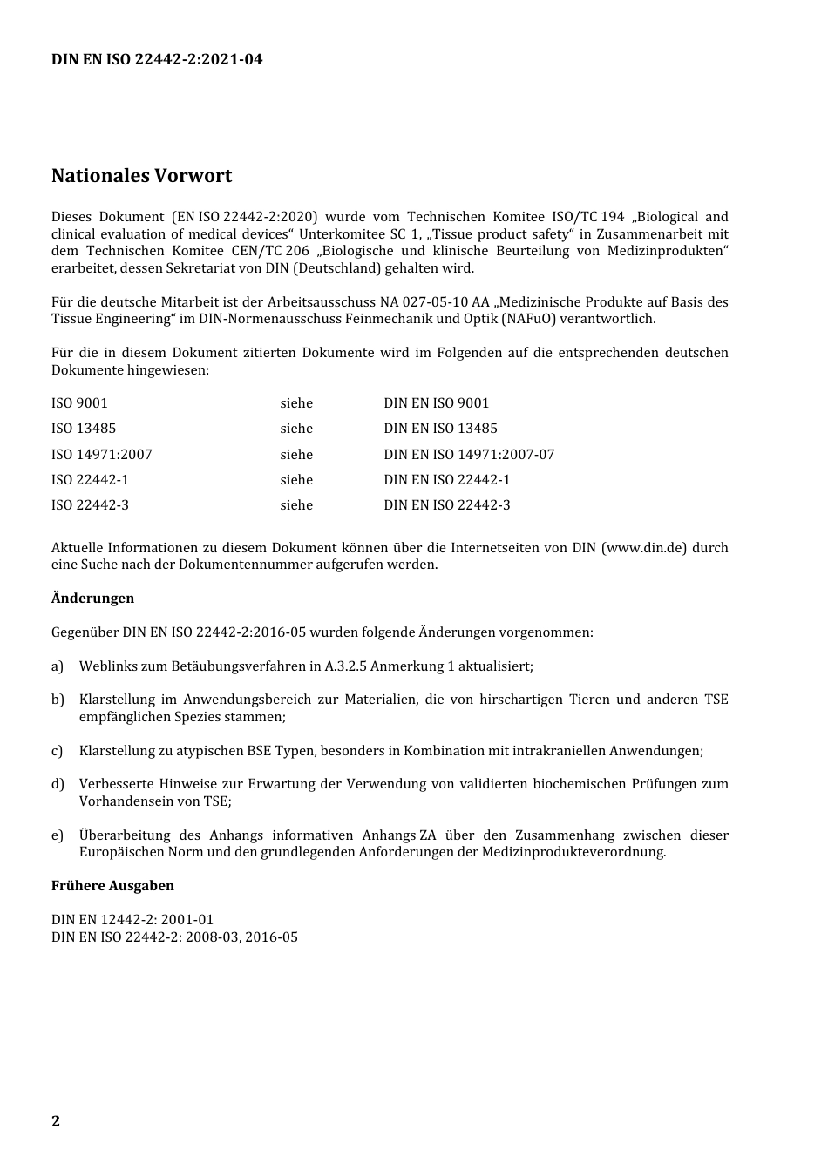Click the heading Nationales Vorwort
pyautogui.click(x=141, y=176)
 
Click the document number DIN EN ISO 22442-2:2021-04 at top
pyautogui.click(x=157, y=60)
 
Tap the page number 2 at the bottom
pyautogui.click(x=56, y=1121)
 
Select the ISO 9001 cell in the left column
pyautogui.click(x=79, y=403)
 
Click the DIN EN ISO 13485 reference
pyautogui.click(x=440, y=429)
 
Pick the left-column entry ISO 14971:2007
pyautogui.click(x=101, y=455)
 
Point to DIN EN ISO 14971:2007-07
pyautogui.click(x=469, y=455)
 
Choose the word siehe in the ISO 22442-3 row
pyautogui.click(x=296, y=505)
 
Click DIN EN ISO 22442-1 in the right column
pyautogui.click(x=447, y=480)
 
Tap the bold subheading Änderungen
pyautogui.click(x=92, y=599)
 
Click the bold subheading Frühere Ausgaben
pyautogui.click(x=112, y=886)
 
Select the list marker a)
pyautogui.click(x=58, y=666)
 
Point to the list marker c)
pyautogui.click(x=58, y=751)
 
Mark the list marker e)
pyautogui.click(x=58, y=835)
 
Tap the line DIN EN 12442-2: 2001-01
pyautogui.click(x=132, y=920)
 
